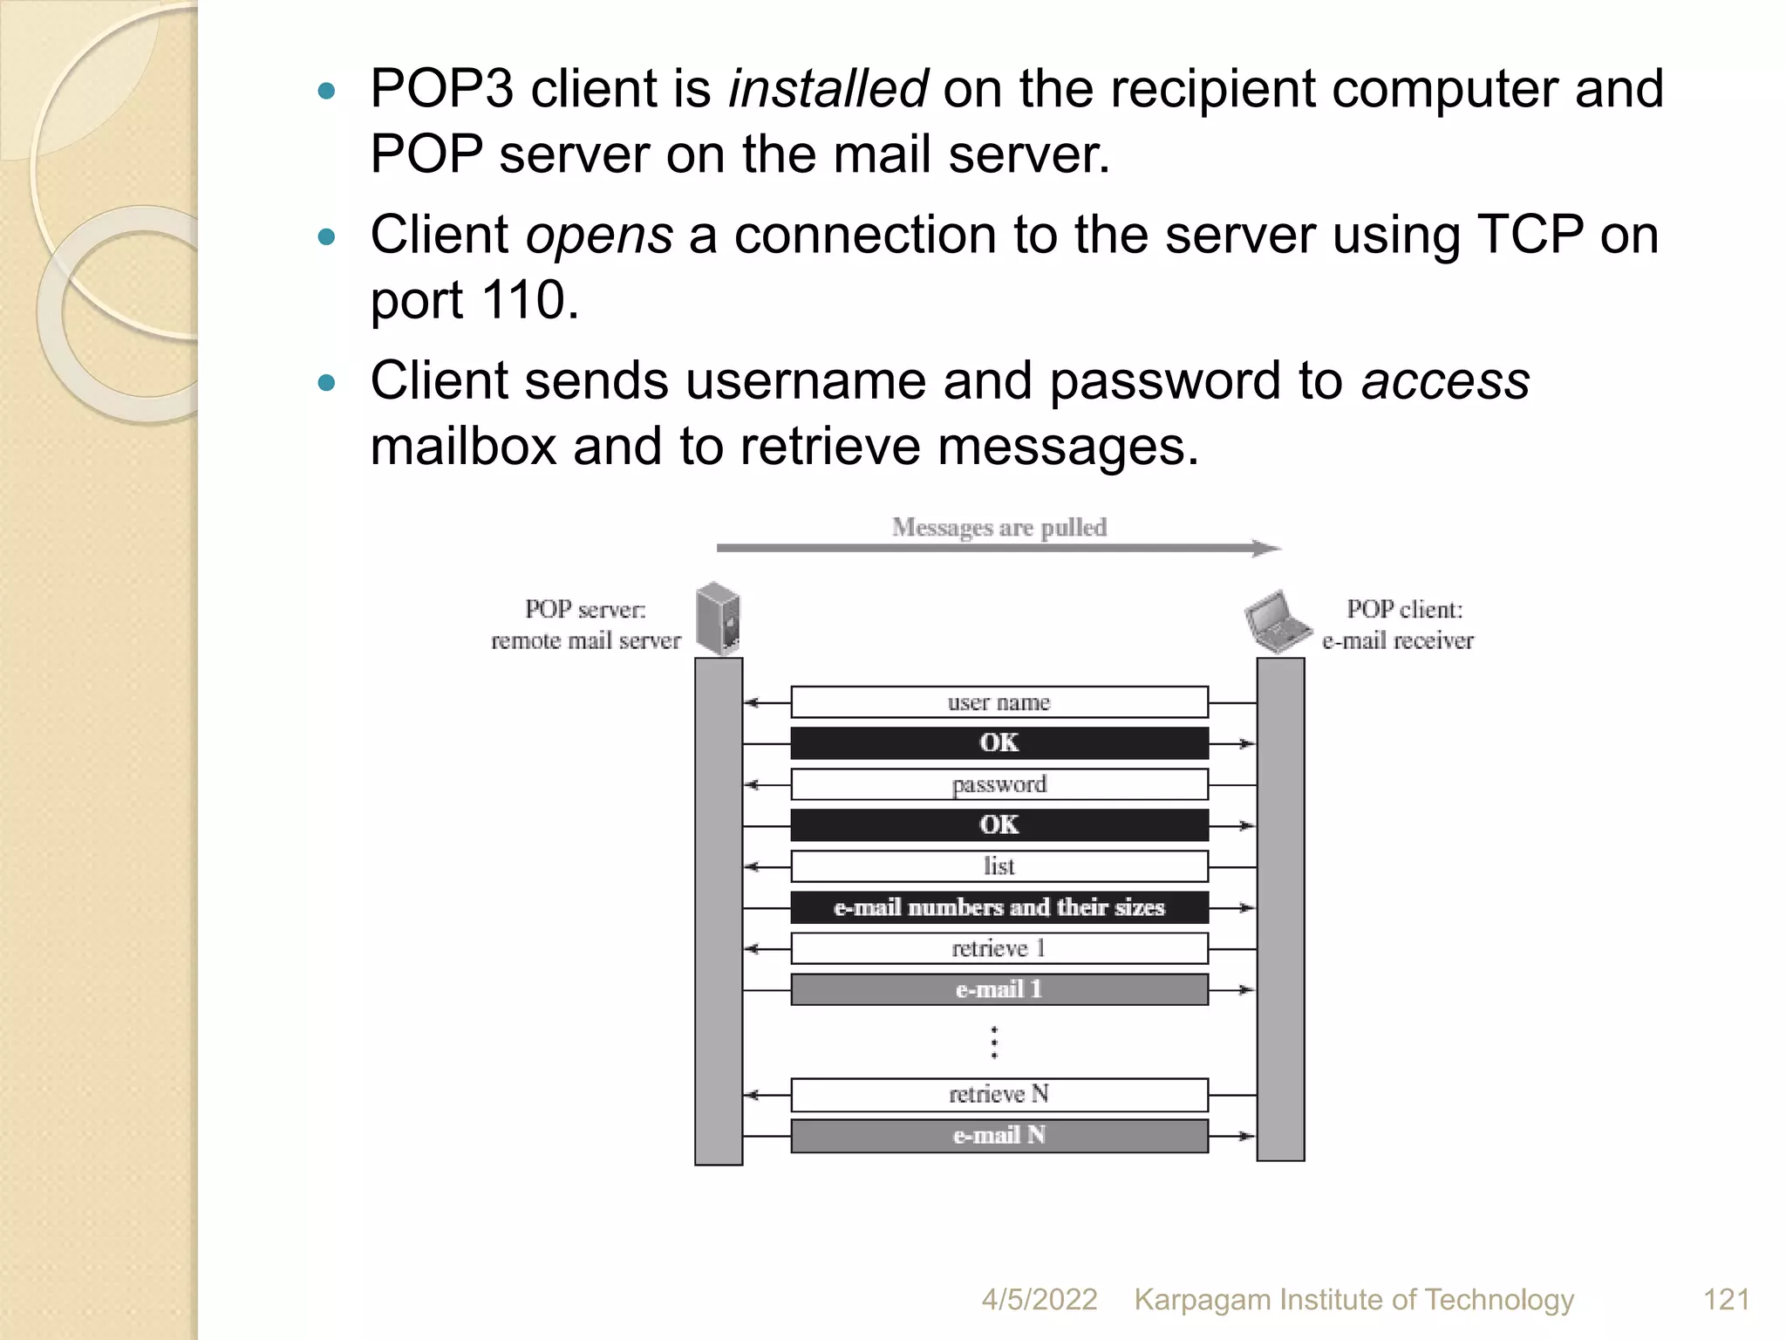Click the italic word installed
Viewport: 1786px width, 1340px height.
coord(828,88)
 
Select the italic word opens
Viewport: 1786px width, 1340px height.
coord(599,235)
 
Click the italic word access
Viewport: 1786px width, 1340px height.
coord(1445,381)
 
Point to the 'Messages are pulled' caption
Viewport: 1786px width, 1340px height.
coord(999,527)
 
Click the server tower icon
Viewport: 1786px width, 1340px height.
coord(719,619)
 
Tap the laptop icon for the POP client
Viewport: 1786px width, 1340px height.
coord(1277,622)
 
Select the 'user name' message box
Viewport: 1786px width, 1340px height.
coord(999,702)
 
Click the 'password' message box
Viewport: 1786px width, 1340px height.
coord(999,784)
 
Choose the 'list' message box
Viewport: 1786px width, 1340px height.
coord(999,866)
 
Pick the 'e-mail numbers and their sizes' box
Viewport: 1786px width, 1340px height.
coord(999,907)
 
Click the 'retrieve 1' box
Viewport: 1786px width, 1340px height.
coord(999,948)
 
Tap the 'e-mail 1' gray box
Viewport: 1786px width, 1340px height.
coord(999,989)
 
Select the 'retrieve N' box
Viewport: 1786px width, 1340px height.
coord(999,1094)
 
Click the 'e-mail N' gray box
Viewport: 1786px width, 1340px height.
coord(999,1135)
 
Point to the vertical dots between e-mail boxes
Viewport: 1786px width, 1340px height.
coord(994,1043)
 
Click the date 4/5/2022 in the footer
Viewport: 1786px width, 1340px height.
coord(1039,1299)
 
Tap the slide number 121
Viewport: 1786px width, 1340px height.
coord(1726,1299)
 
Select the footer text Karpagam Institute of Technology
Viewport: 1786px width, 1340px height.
coord(1353,1299)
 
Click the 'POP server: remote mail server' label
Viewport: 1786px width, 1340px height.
coord(585,625)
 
